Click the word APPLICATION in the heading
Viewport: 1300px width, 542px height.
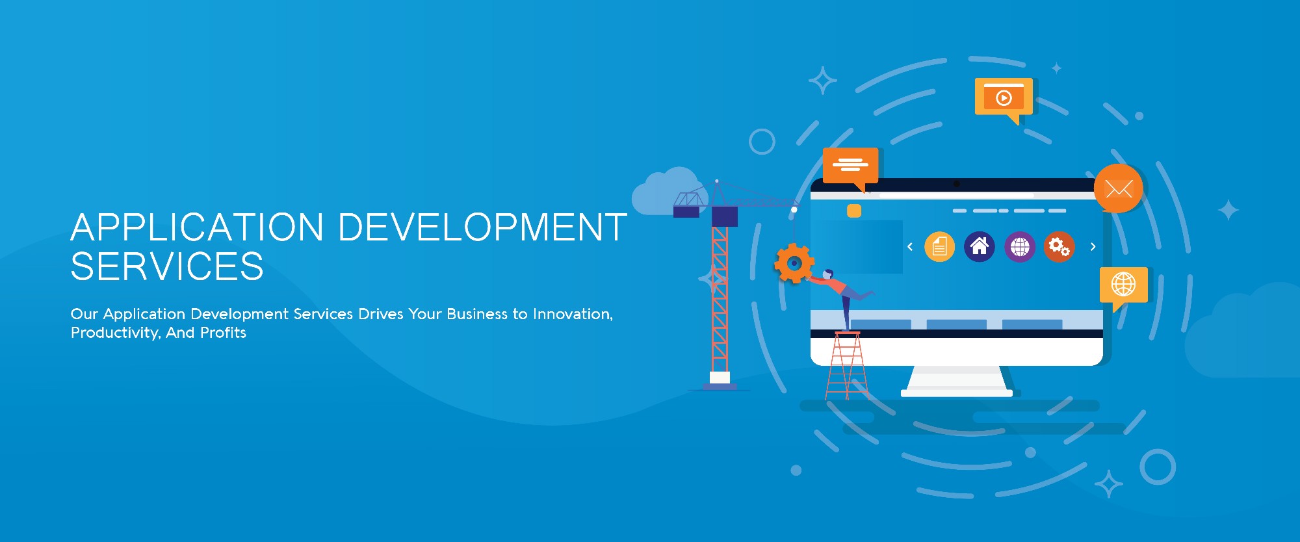pos(197,227)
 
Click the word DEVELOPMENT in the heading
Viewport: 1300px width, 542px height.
pos(482,227)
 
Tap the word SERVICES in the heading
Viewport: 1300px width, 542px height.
pos(167,266)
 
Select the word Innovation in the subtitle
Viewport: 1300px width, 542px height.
pos(572,314)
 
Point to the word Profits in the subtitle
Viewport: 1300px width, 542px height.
pos(223,333)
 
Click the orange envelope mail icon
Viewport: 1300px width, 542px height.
pos(1118,188)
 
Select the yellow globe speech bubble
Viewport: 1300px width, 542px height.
pos(1123,285)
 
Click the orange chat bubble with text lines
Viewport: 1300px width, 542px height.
pos(850,165)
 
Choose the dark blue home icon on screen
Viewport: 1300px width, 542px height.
pos(980,247)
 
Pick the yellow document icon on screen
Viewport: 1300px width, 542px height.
pos(939,247)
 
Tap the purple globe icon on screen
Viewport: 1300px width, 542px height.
pos(1020,247)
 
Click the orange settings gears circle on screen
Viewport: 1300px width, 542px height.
pos(1059,247)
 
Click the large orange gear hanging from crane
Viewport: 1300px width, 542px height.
pos(794,263)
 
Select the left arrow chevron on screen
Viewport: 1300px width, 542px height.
pos(910,247)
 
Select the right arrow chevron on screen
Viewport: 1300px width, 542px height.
pos(1093,247)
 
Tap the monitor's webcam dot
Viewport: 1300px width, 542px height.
pos(956,184)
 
